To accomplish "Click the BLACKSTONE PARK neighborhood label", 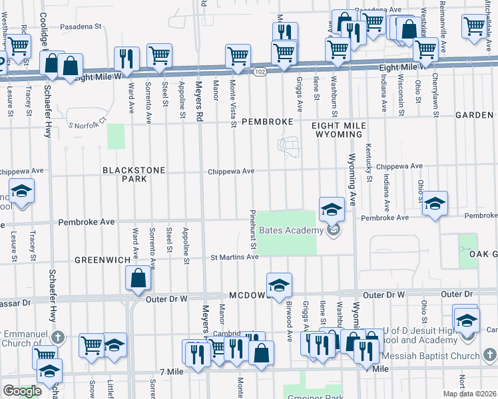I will click(133, 174).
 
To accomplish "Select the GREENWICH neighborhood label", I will click(101, 260).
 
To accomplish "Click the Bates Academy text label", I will click(291, 230).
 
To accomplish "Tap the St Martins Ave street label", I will click(235, 257).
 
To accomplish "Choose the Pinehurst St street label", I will click(253, 229).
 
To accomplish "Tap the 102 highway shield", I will click(260, 72).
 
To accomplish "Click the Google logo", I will click(22, 390).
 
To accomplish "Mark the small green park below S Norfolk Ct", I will click(117, 136).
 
